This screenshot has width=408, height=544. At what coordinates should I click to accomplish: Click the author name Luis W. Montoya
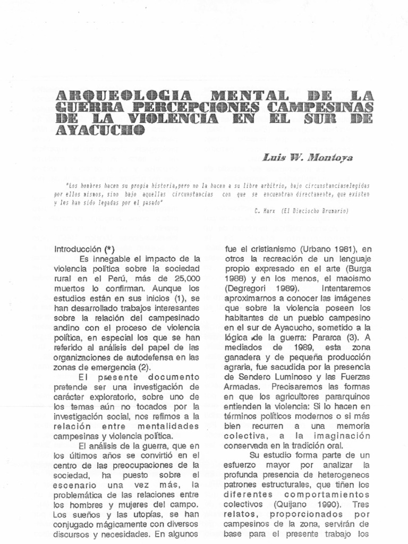[301, 157]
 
